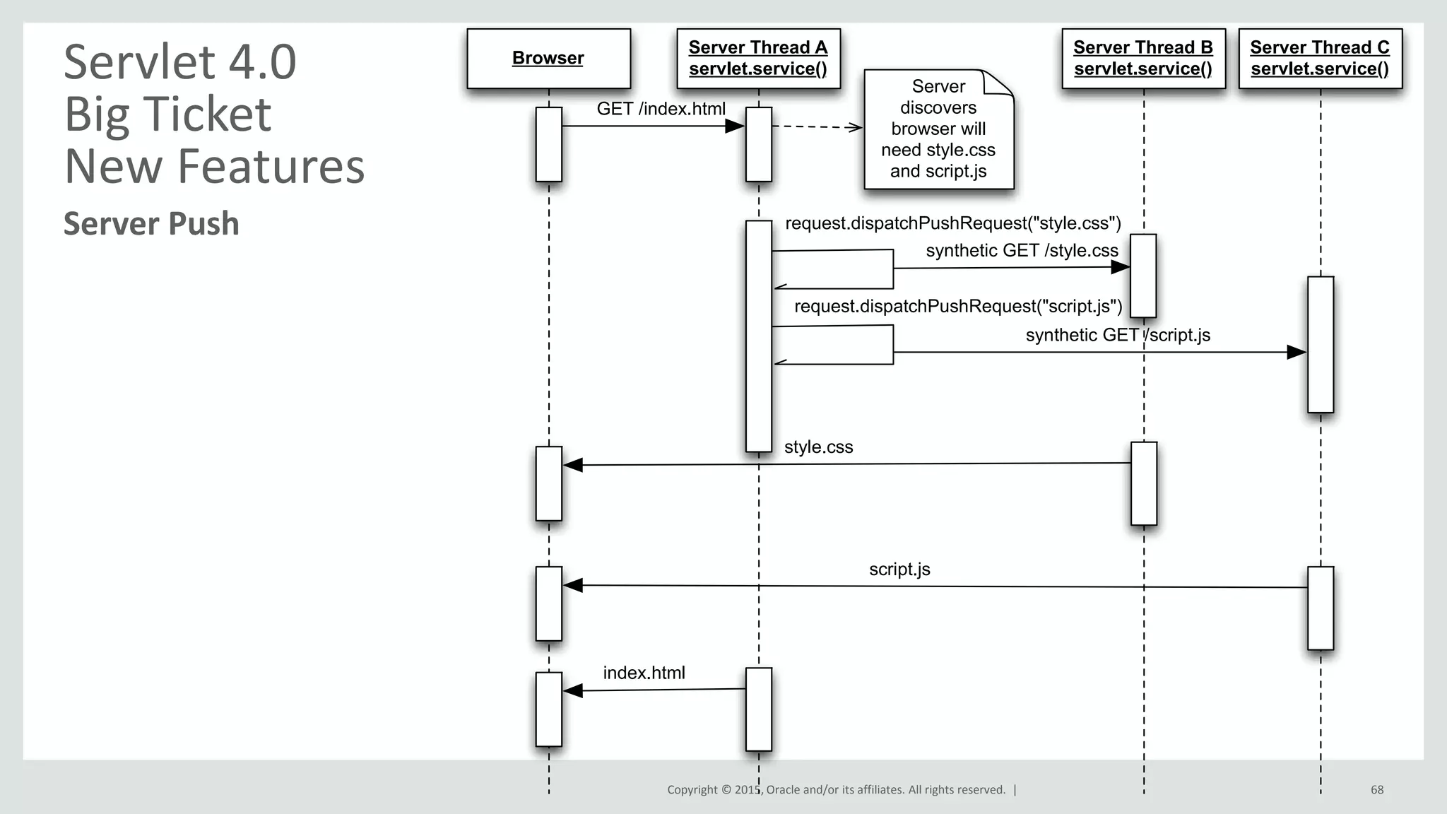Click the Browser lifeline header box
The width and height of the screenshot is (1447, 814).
coord(548,59)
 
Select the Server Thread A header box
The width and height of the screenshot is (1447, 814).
coord(758,59)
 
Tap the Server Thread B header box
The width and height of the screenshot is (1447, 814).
coord(1143,59)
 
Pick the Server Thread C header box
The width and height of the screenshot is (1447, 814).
coord(1320,59)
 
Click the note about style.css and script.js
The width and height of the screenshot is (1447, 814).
coord(938,129)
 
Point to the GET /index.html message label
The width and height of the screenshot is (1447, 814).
coord(661,109)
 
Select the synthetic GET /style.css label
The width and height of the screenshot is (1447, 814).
coord(1022,251)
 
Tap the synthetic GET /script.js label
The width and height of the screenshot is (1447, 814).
coord(1118,335)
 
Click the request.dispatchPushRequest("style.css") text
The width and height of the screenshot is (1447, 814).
coord(953,223)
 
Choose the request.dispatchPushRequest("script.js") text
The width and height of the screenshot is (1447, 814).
coord(958,307)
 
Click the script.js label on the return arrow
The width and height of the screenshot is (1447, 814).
coord(899,570)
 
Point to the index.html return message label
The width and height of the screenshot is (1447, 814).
coord(644,673)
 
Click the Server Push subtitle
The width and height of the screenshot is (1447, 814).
coord(151,223)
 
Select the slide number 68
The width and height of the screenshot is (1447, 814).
coord(1377,790)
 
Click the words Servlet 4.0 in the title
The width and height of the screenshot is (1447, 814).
coord(180,62)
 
